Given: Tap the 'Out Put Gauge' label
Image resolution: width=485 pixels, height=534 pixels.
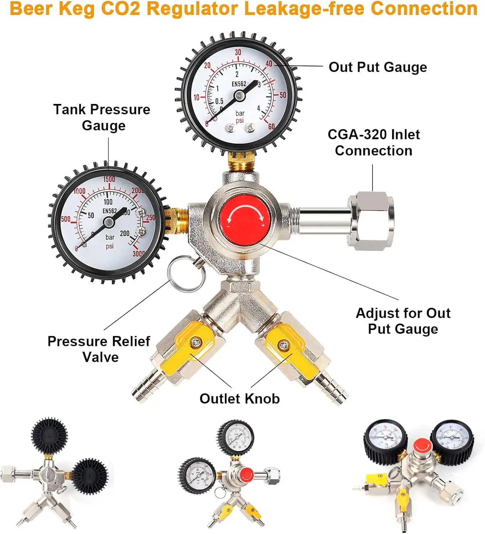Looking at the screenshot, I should point(378,67).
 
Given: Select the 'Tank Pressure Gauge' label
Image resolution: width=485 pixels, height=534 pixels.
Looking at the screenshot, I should point(102,117).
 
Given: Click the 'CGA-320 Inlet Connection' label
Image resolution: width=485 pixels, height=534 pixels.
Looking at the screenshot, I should point(374,142).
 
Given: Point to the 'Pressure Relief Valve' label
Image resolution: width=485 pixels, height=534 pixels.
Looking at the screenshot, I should point(99,349).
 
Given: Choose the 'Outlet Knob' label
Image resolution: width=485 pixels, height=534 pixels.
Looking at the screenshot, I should point(239,398).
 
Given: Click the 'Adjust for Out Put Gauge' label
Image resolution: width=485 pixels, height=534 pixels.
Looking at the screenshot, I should point(403,321).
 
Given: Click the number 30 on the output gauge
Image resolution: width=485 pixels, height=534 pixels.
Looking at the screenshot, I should point(238,52).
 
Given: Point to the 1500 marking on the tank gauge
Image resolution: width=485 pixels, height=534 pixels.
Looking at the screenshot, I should point(109,179).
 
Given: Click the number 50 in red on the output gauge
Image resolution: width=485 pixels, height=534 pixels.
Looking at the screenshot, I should point(283,95).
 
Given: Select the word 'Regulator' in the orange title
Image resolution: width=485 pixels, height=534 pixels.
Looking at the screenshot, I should point(195,9).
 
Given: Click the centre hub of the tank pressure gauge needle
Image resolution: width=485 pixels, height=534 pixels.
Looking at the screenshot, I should point(109,223).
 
